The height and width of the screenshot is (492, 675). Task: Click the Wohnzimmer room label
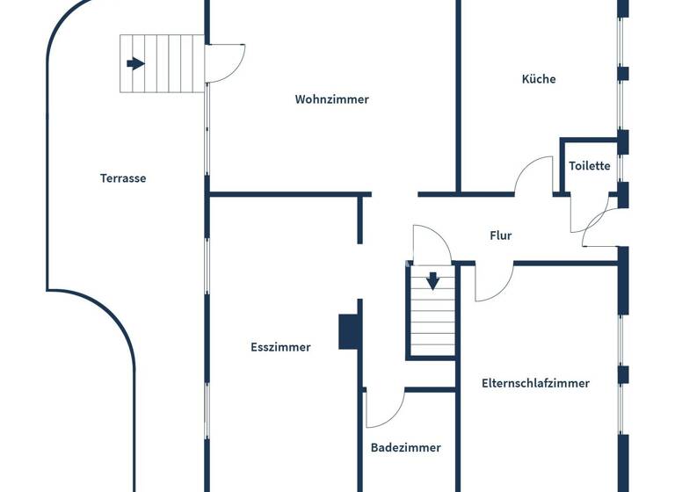331,99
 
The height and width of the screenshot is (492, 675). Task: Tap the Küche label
539,79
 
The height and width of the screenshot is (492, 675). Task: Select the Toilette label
589,165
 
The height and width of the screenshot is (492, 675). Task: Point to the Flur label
500,235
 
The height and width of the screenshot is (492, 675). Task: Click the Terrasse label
123,178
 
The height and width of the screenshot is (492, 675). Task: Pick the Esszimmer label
280,347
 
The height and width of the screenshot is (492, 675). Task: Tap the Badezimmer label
405,447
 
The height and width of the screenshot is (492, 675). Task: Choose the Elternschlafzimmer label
535,383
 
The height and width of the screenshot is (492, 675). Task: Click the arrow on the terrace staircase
135,63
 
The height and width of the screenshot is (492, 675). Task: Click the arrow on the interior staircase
432,282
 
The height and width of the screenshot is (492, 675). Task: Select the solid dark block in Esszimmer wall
349,331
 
